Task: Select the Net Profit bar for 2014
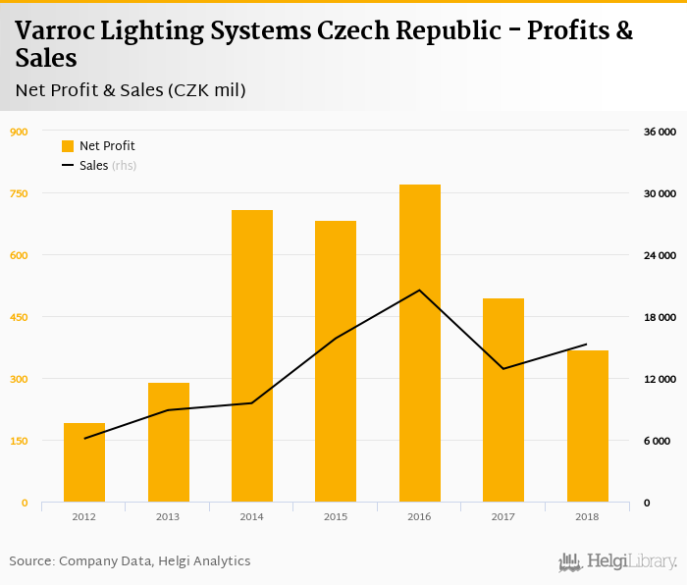252,355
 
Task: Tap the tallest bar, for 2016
420,344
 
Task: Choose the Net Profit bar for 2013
169,442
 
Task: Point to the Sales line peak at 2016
420,290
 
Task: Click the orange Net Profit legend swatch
68,146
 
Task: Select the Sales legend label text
94,166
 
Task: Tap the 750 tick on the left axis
19,193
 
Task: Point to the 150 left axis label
19,441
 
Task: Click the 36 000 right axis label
659,132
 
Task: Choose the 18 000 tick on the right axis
659,317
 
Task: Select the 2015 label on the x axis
336,516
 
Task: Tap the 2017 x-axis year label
503,516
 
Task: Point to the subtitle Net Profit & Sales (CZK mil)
131,90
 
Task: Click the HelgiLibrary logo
617,562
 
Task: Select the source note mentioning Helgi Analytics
131,561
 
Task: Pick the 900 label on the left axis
19,132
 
